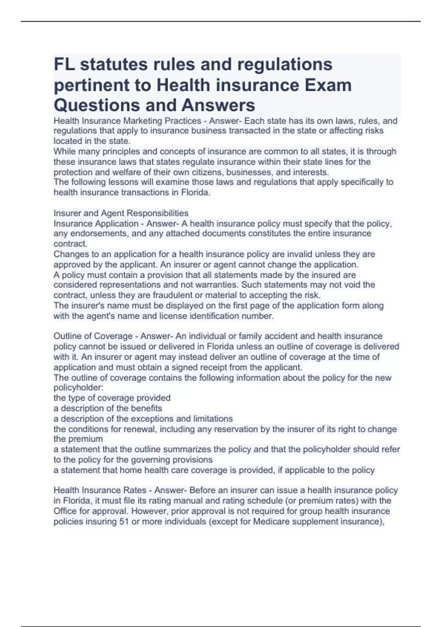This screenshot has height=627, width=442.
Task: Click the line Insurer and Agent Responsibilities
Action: click(x=121, y=213)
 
